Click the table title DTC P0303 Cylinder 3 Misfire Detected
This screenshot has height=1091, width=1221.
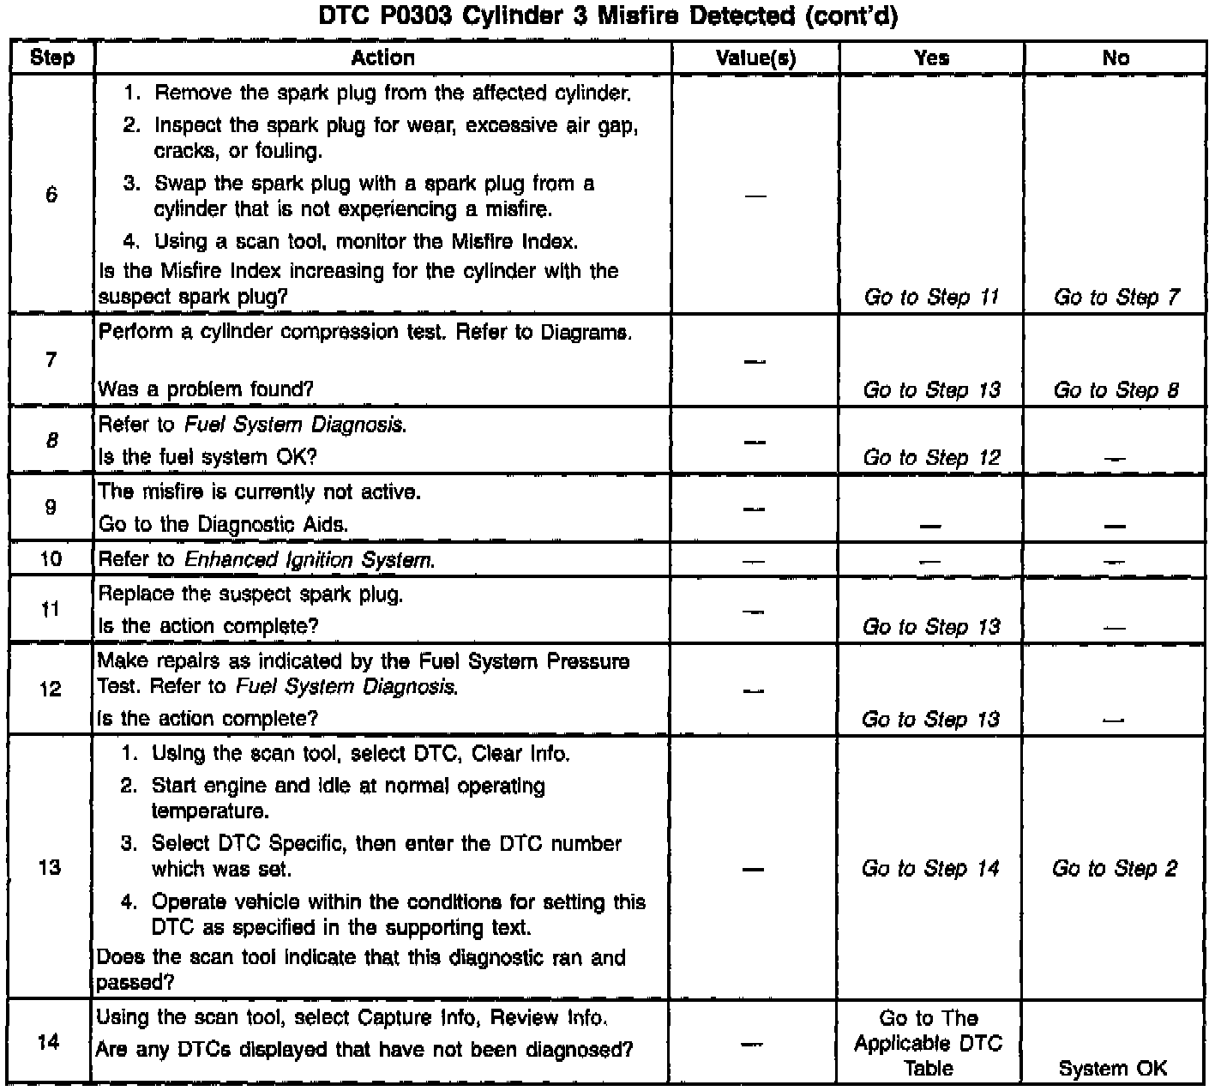(608, 16)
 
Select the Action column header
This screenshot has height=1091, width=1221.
(382, 57)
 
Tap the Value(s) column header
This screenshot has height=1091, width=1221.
(755, 58)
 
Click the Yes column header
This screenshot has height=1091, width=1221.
(931, 57)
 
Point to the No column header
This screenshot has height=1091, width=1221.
(1116, 57)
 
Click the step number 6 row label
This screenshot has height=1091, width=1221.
(51, 195)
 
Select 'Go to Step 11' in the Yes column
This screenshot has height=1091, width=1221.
(931, 298)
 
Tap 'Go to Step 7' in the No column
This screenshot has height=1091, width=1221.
(1116, 298)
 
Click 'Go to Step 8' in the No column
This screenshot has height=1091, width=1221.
(1116, 390)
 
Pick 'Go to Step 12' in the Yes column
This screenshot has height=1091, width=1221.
(931, 457)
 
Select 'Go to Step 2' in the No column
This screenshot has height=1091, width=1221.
(1115, 869)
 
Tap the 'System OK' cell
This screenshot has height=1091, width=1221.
(1113, 1069)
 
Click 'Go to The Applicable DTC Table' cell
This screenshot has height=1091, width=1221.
(929, 1043)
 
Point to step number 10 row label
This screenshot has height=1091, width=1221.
(51, 559)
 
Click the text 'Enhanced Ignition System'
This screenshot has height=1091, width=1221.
(309, 560)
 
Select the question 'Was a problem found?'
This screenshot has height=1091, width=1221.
(206, 389)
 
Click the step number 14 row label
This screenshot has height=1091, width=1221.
(50, 1043)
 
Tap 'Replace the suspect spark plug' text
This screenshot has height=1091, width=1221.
(250, 594)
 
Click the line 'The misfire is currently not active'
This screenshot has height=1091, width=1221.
(260, 492)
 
